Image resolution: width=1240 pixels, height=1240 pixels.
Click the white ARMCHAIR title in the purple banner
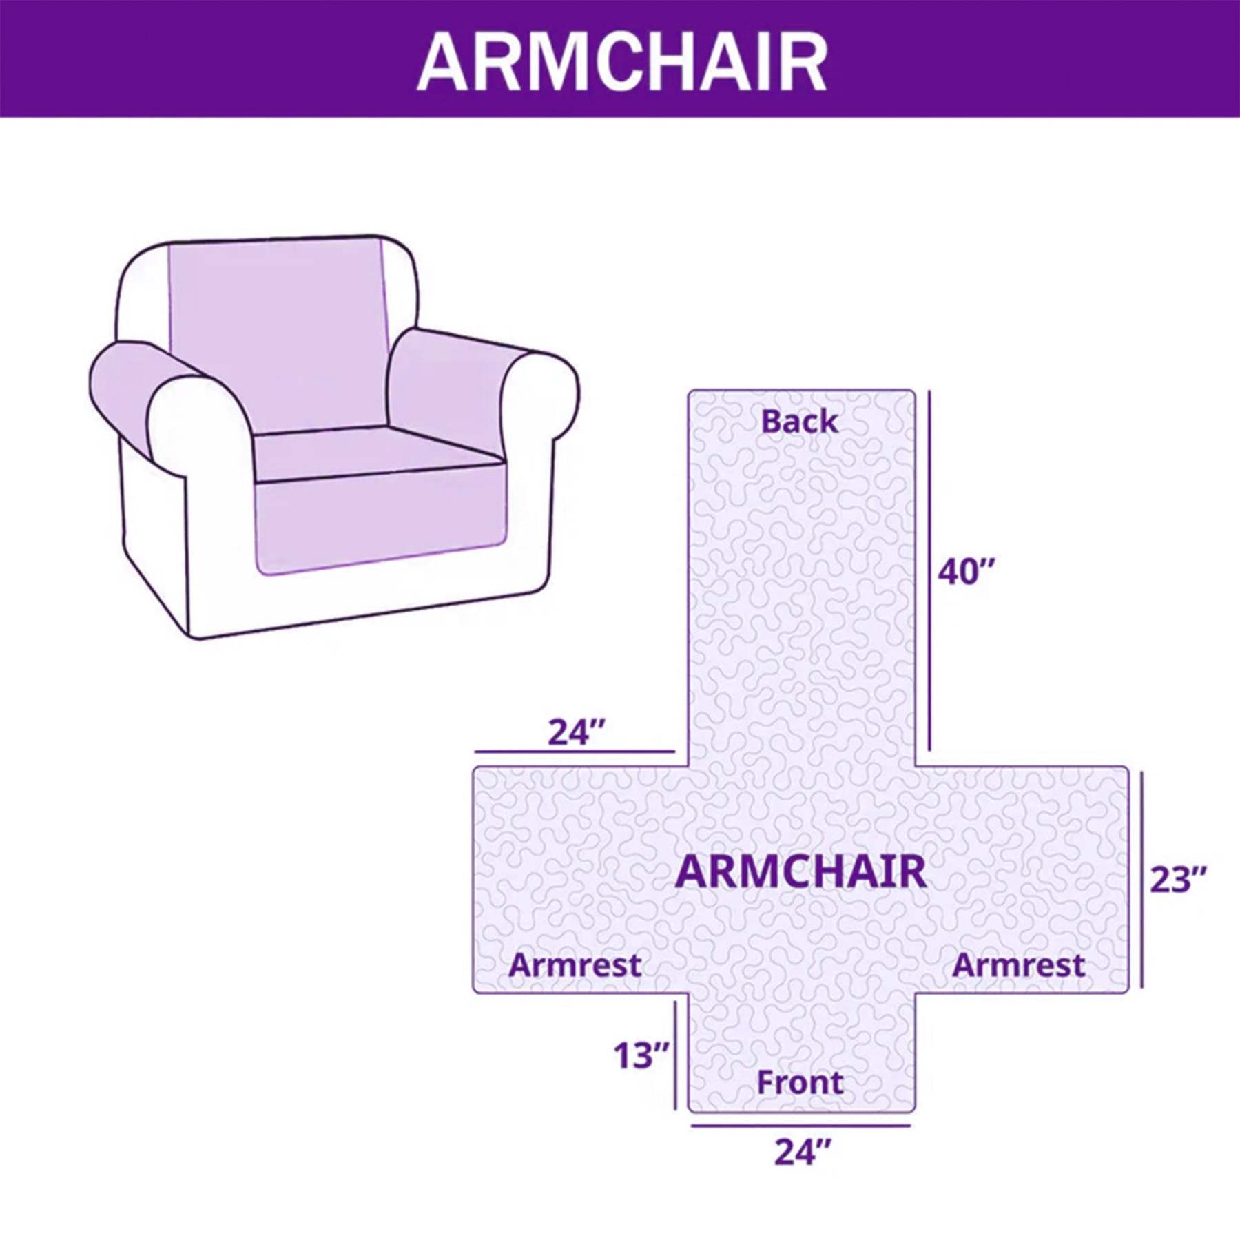(621, 62)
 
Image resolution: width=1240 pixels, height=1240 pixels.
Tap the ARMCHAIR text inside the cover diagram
(800, 871)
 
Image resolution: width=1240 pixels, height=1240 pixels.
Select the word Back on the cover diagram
(799, 421)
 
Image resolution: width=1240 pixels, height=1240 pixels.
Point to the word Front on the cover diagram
(800, 1082)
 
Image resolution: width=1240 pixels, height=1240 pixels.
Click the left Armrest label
(575, 965)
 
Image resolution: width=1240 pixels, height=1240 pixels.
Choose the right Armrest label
(1018, 965)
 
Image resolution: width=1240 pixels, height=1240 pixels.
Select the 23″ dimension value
(1178, 880)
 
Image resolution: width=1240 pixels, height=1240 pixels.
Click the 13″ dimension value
(641, 1055)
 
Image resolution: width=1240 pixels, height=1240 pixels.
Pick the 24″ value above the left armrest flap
(576, 732)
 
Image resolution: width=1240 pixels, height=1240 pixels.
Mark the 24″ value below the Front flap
(803, 1152)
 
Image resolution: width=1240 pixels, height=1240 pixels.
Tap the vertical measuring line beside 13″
(675, 1055)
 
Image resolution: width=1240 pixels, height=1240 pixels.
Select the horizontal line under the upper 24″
(575, 752)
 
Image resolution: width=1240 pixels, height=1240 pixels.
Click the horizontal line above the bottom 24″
(800, 1126)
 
